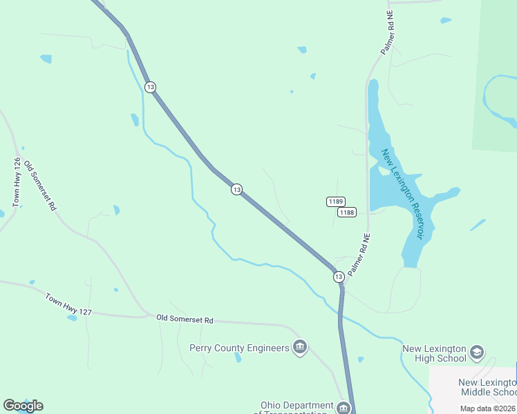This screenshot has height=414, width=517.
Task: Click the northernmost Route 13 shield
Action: [150, 86]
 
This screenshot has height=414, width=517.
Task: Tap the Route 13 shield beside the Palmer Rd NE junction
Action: [338, 276]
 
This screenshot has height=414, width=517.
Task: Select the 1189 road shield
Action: [335, 201]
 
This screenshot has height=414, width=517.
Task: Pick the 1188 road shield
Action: [346, 213]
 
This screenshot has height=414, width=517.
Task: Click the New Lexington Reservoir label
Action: [402, 194]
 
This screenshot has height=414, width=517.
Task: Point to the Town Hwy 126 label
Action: [17, 182]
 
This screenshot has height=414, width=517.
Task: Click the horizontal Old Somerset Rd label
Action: [185, 319]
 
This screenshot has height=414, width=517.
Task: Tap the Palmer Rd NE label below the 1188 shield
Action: [359, 256]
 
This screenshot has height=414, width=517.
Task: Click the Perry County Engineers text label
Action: [239, 348]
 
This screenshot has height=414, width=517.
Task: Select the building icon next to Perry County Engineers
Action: [299, 347]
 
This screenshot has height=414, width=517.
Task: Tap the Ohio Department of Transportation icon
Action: [344, 408]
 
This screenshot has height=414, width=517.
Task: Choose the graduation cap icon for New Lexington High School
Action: [477, 353]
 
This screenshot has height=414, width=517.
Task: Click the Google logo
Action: [23, 406]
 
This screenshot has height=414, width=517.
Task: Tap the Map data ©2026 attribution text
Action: [488, 408]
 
